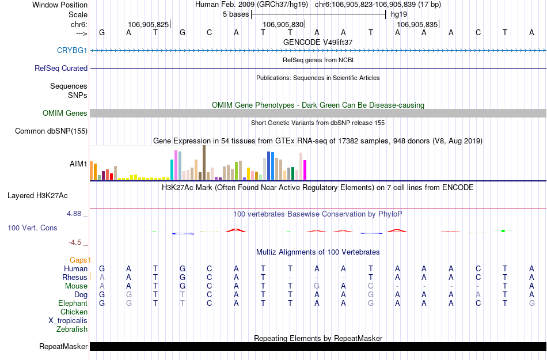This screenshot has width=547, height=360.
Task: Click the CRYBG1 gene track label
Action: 72,51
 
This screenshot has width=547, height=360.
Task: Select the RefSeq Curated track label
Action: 61,68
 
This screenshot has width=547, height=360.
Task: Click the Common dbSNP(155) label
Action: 51,131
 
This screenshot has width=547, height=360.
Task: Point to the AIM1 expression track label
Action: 78,164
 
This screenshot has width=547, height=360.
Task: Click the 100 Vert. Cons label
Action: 32,228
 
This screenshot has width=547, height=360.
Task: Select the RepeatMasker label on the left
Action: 63,347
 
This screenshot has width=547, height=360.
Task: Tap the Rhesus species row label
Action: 74,278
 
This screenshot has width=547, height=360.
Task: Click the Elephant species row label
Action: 73,304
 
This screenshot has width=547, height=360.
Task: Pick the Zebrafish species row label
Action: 72,329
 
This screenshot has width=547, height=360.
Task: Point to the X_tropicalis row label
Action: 68,321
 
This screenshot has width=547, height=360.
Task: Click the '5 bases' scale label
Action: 235,14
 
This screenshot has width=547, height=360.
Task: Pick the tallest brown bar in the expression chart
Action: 204,162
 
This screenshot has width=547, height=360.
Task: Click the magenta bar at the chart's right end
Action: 305,170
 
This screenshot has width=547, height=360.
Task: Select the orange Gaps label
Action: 80,260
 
